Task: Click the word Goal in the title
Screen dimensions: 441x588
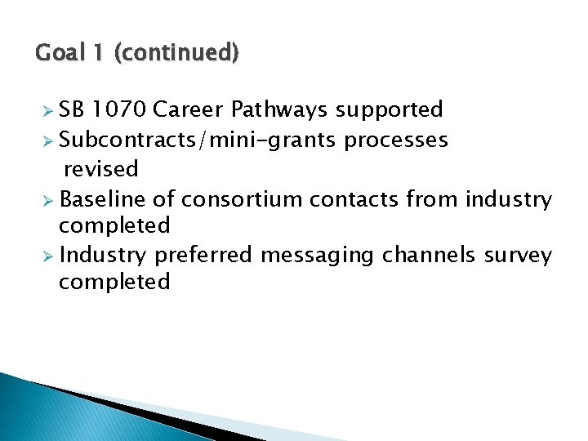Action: tap(59, 54)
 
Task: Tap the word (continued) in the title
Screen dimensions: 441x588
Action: tap(176, 54)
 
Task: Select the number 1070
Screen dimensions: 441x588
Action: tap(119, 109)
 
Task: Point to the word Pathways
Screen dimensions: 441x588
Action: tap(279, 110)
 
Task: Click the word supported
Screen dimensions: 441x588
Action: tap(390, 110)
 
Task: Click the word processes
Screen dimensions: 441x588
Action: tap(396, 140)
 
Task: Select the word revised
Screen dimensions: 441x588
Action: tap(101, 170)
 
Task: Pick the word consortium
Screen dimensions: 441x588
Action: tap(234, 199)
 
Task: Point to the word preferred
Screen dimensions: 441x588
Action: tap(203, 256)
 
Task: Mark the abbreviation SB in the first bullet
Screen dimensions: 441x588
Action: tap(73, 109)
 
